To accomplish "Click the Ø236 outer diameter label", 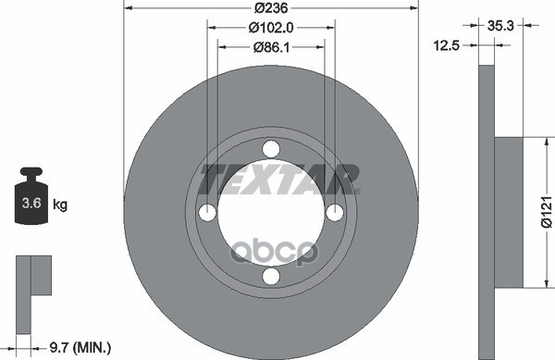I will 270,8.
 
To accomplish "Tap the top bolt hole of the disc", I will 270,149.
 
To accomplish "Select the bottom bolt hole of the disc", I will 270,277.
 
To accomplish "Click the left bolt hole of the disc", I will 207,213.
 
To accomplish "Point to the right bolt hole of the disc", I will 334,213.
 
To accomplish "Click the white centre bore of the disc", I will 270,222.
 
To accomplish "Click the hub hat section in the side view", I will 510,213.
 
